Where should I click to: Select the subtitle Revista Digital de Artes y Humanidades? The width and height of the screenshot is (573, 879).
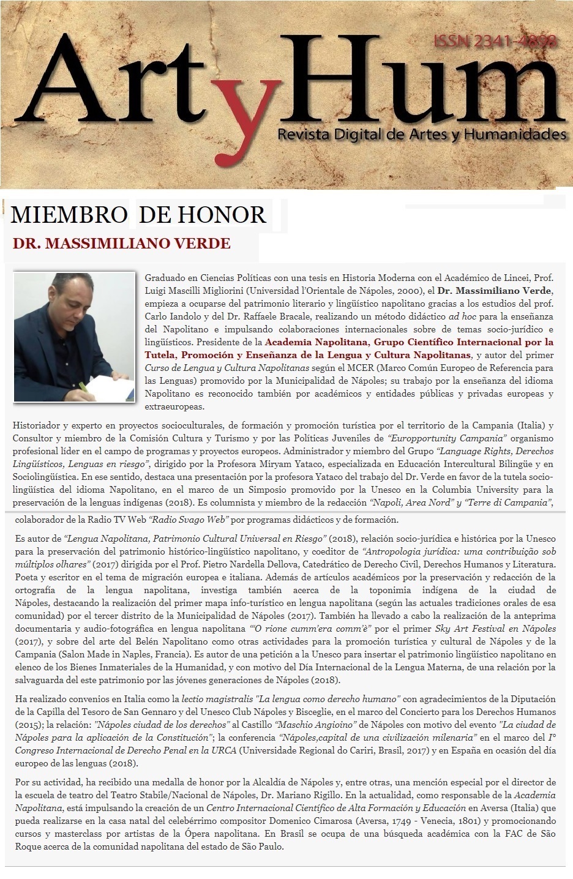pos(421,134)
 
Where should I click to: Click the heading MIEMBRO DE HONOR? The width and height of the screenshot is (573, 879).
pos(138,215)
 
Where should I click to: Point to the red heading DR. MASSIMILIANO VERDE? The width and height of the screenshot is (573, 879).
pos(121,244)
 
